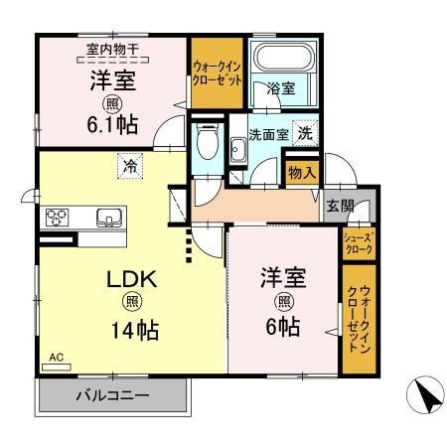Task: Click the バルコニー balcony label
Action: pos(113,396)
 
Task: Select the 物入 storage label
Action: pos(302,173)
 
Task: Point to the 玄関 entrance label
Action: pos(339,206)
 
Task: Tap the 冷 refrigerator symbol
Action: pos(130,167)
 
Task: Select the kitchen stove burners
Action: pos(56,216)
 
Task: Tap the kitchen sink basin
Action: pos(107,217)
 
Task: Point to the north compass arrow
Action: pos(427,396)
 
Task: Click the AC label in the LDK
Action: pos(56,359)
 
